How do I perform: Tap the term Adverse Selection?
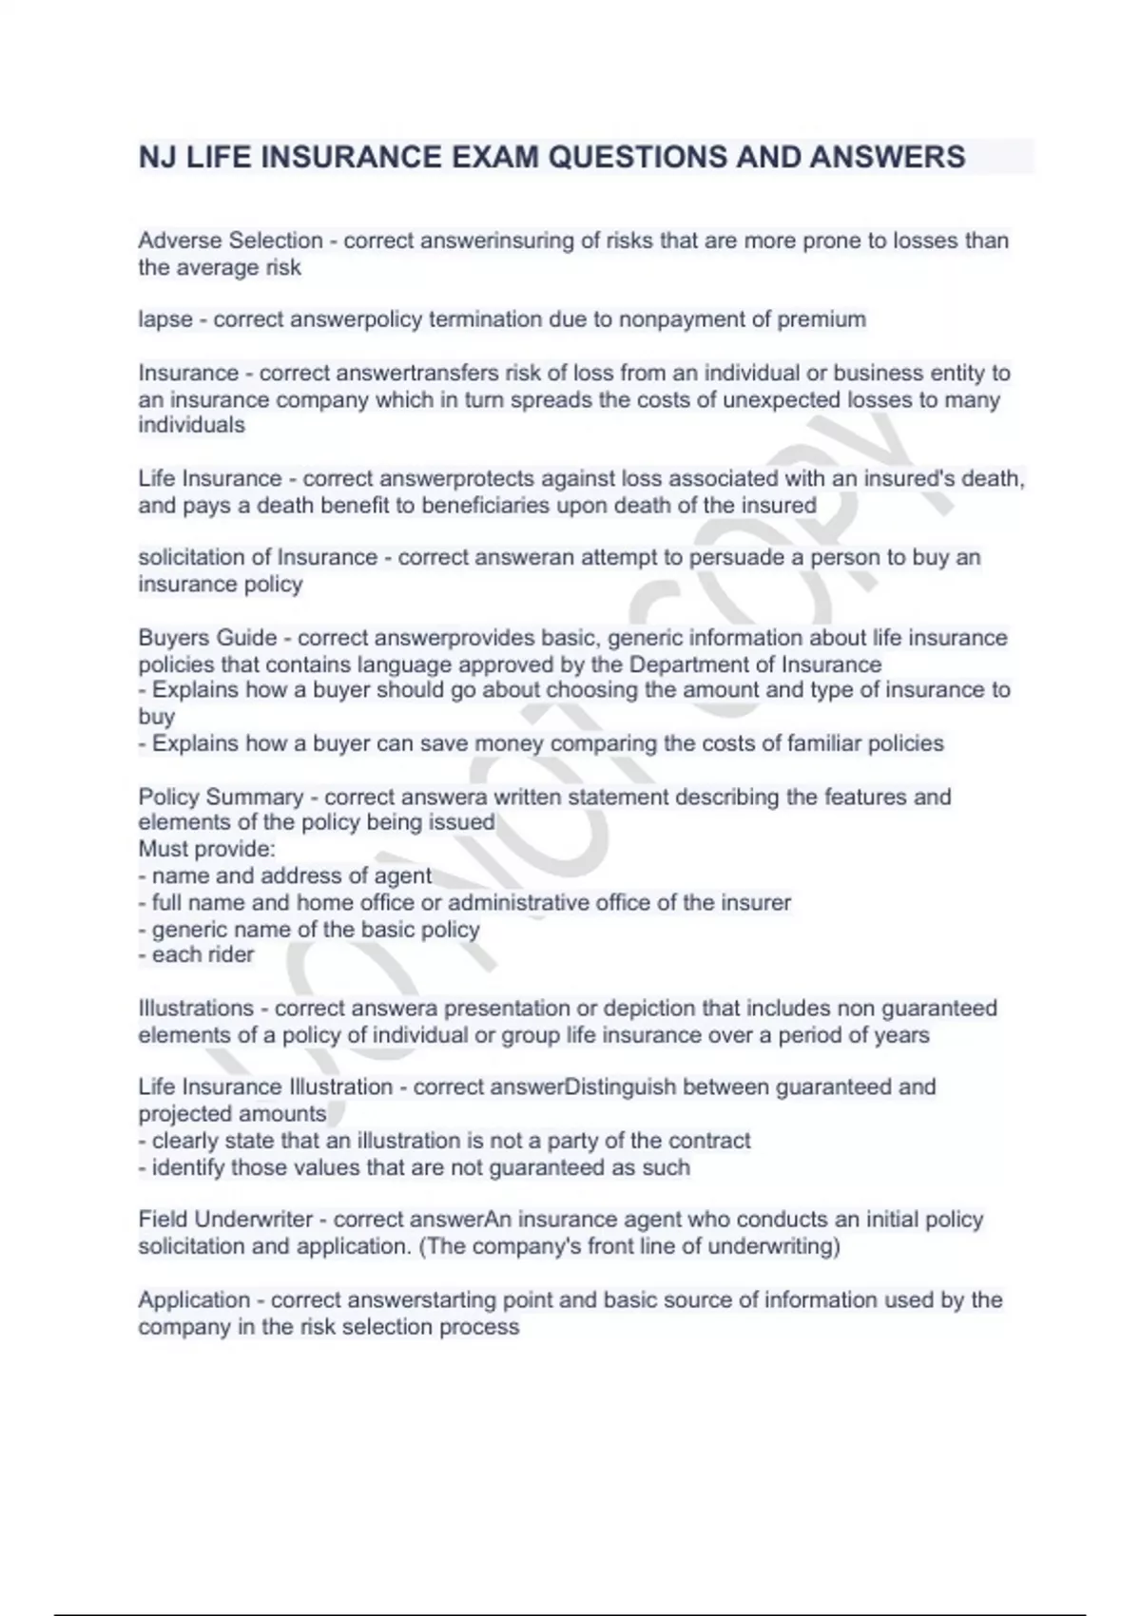230,240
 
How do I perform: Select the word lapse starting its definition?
165,319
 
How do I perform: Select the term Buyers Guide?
207,637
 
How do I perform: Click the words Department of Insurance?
755,664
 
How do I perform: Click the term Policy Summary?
221,797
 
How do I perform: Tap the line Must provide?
206,849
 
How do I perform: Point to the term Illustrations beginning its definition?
196,1008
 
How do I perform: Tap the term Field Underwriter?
225,1219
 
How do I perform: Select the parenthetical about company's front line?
629,1245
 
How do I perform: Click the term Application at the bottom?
194,1299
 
